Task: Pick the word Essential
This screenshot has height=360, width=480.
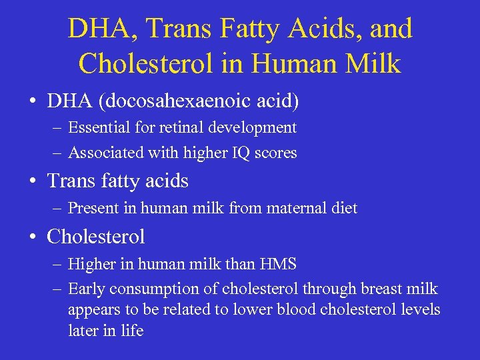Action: point(99,127)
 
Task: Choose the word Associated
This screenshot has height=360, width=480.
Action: point(104,153)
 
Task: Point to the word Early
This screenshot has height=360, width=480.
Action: point(87,289)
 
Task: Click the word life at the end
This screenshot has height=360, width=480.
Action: point(131,331)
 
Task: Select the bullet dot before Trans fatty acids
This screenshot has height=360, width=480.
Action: point(32,182)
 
